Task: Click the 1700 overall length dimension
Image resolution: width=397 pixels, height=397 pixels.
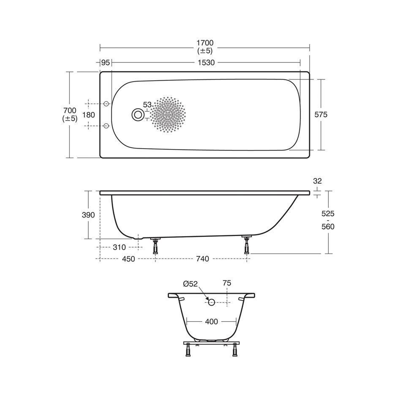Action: (205, 43)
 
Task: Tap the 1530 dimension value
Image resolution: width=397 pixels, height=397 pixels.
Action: (206, 63)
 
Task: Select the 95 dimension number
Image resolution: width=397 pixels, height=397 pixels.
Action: (105, 62)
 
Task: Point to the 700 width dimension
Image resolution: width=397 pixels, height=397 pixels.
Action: (70, 111)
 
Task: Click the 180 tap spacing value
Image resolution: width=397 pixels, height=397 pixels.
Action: (89, 115)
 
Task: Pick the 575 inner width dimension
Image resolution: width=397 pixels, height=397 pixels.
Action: (321, 115)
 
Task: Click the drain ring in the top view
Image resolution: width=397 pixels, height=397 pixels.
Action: (138, 115)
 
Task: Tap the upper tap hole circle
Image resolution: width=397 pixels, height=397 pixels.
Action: (106, 104)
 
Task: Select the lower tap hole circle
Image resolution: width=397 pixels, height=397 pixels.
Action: (106, 125)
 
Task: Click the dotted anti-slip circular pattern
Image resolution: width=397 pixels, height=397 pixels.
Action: (168, 114)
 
